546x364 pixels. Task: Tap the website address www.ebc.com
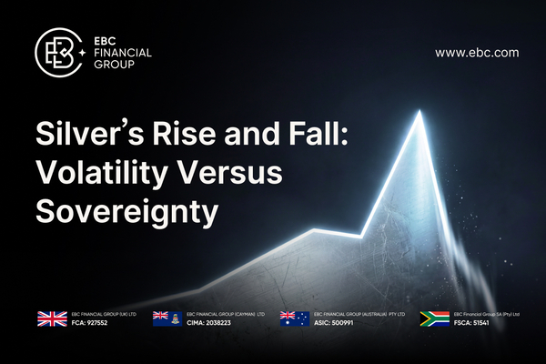point(477,53)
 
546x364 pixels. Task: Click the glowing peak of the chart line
point(420,113)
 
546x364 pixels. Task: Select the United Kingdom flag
point(51,319)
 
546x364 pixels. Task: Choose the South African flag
point(435,319)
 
